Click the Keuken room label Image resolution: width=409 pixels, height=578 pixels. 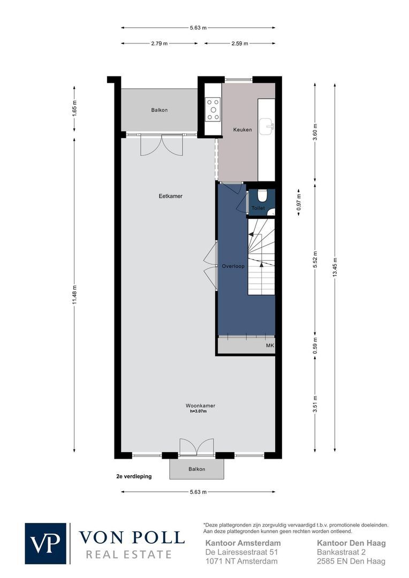[242, 130]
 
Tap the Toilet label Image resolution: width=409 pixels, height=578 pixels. [258, 208]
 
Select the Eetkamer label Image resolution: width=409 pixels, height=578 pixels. [171, 196]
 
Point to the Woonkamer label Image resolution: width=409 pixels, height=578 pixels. [197, 406]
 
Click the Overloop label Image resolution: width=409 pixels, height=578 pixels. [233, 266]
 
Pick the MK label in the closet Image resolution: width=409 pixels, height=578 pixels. [270, 346]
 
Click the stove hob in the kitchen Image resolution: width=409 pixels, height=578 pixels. [213, 109]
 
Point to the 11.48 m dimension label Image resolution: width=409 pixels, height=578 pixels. [74, 293]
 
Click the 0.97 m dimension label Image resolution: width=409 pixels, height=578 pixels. [299, 201]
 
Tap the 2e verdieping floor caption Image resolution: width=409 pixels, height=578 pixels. [134, 475]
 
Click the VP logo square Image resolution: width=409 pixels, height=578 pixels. [46, 543]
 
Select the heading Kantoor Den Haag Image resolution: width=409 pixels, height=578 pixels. [351, 543]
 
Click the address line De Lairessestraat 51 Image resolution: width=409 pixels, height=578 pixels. [242, 552]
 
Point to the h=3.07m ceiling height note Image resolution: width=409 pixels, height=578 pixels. [198, 412]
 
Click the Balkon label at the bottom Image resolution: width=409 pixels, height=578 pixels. [196, 469]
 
